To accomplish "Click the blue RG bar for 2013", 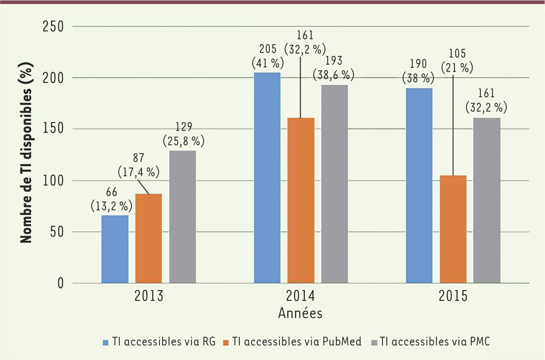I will click(x=114, y=249).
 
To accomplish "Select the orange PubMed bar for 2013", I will click(x=148, y=239).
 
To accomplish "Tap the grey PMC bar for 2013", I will click(x=183, y=217).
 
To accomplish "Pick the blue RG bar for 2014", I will click(x=267, y=178).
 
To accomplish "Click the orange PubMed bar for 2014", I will click(x=301, y=200).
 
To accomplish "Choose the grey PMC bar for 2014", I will click(x=335, y=184).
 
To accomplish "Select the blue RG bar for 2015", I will click(x=419, y=185).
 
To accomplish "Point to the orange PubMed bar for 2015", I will click(x=453, y=229).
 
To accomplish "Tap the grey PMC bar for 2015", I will click(x=487, y=200).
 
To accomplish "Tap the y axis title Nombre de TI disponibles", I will click(x=26, y=155).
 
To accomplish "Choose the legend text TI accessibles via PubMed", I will click(x=297, y=341).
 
